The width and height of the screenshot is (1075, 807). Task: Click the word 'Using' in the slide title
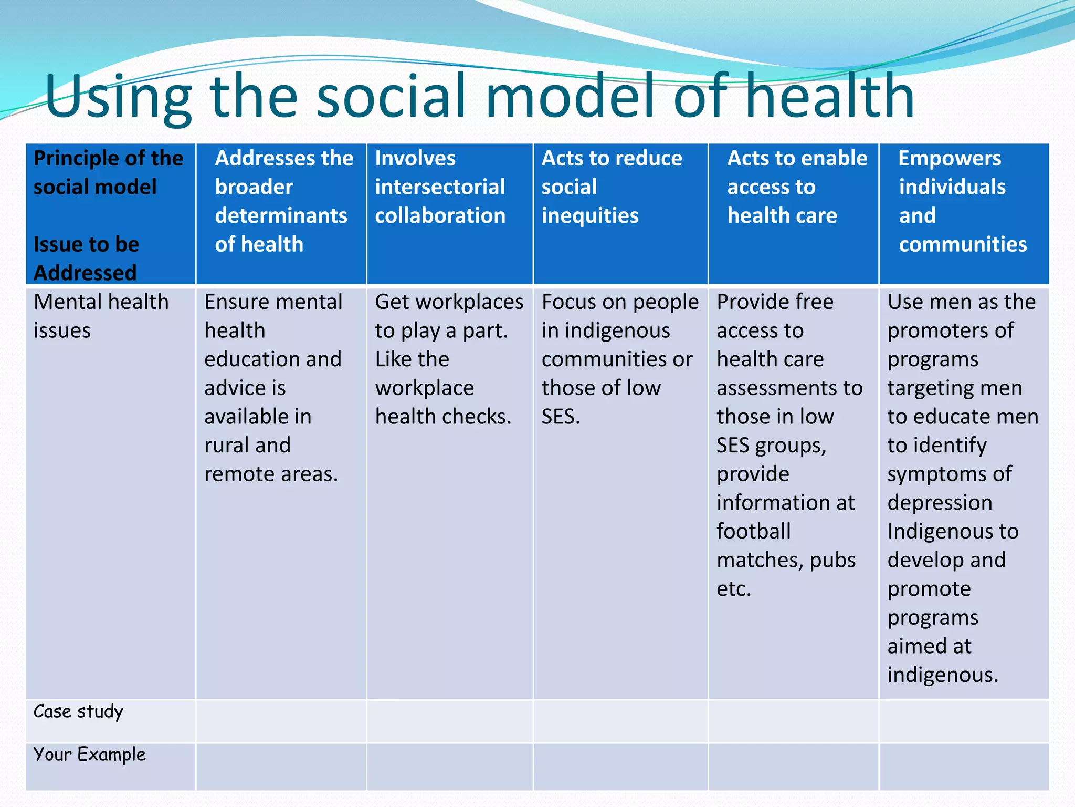(x=118, y=97)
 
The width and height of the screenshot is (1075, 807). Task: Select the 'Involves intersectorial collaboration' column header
(x=440, y=187)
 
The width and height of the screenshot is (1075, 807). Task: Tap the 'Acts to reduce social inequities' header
(x=612, y=187)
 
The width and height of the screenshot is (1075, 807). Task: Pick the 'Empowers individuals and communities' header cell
(x=962, y=201)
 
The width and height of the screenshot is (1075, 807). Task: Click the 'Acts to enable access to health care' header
(x=797, y=187)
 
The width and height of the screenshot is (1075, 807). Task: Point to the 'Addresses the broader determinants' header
(x=283, y=201)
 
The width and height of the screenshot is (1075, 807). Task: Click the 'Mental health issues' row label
(x=101, y=316)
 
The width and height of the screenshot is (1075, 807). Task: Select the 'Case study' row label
(x=78, y=711)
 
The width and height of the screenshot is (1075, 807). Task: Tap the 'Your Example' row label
(x=90, y=754)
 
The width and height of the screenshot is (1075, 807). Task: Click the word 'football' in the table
(x=753, y=531)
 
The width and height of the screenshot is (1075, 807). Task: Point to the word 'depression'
(x=940, y=503)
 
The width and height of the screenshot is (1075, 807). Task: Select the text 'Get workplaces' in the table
(x=449, y=302)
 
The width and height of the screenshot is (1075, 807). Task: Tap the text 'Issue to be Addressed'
(x=86, y=258)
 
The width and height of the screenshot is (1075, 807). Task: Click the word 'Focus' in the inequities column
(x=569, y=302)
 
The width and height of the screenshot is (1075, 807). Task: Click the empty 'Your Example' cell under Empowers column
(x=964, y=767)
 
